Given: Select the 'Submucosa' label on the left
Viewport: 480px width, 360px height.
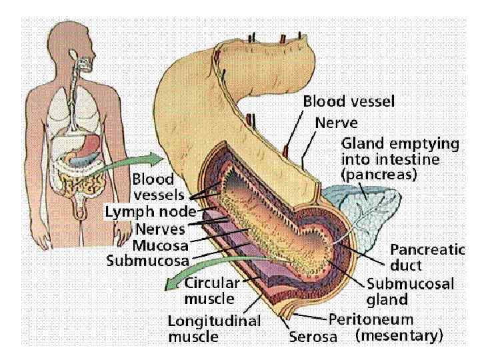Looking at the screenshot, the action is pos(148,260).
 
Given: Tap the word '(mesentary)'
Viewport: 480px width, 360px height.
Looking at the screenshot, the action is pos(398,337).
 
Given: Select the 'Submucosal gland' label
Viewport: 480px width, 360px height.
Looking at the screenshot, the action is pos(410,290).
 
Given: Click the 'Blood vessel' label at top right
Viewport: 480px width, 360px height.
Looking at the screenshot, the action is pos(349,102).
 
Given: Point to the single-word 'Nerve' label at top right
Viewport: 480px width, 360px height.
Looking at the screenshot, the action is pos(336,123).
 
